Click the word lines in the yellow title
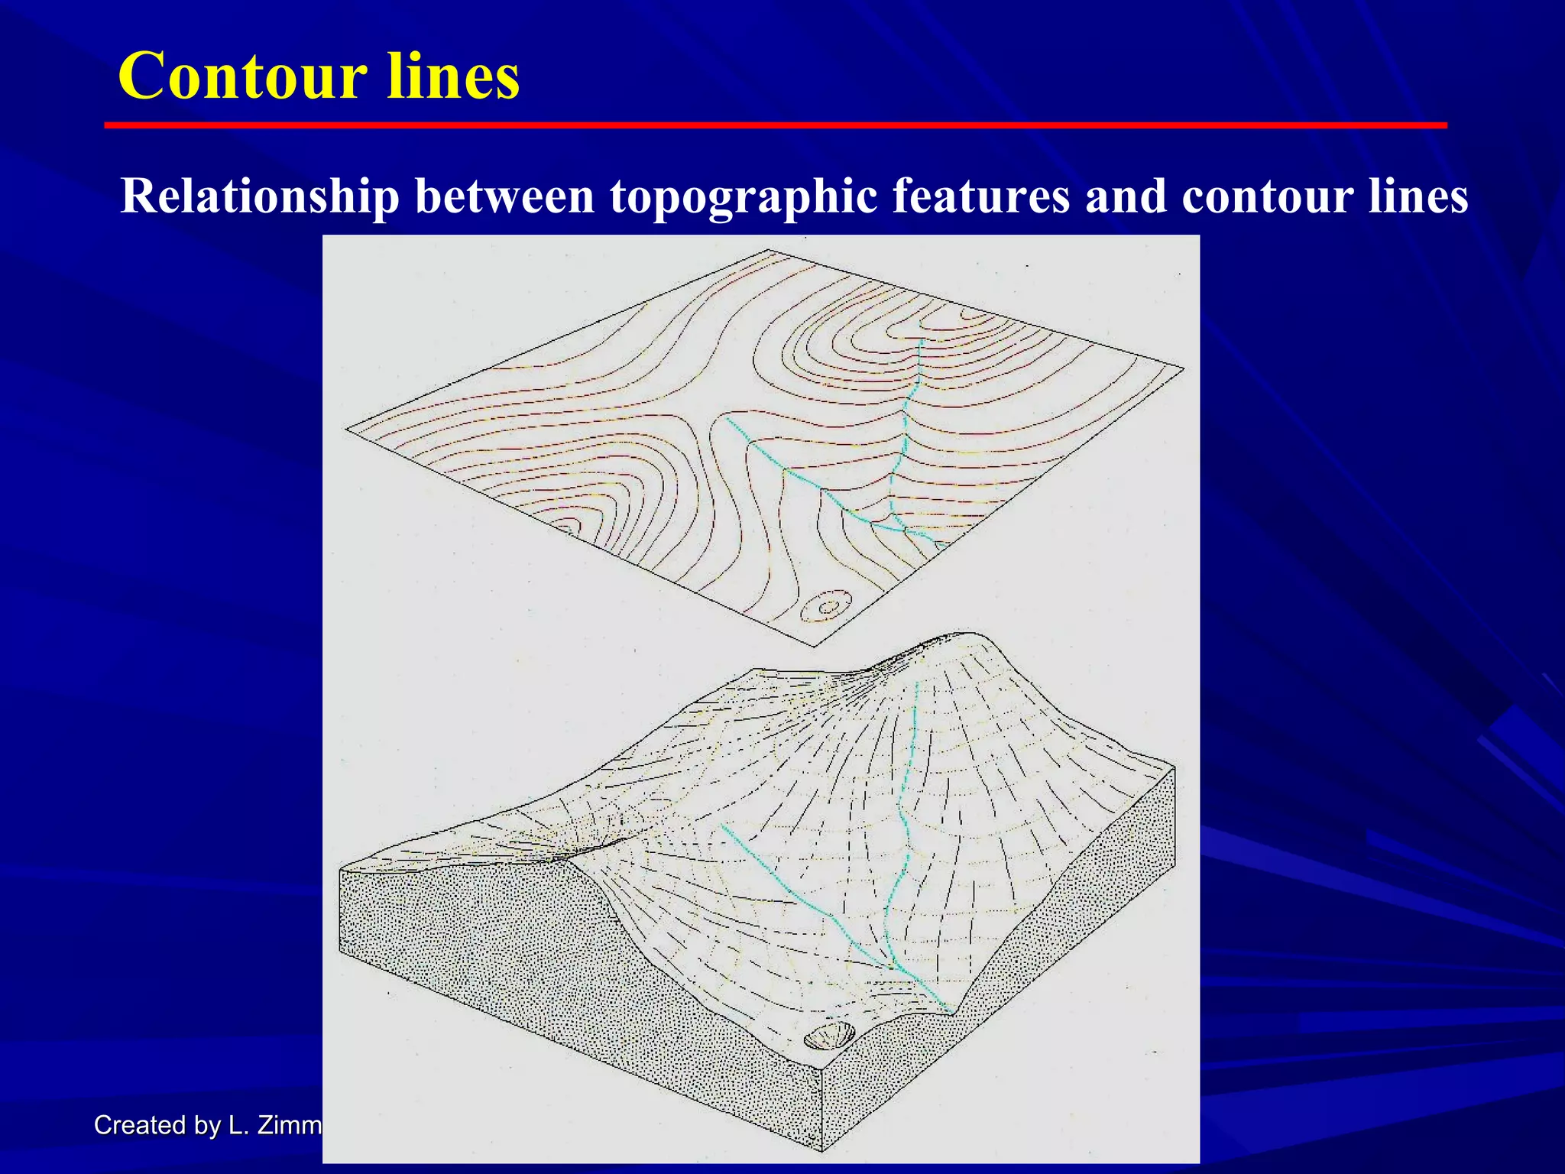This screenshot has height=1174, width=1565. (453, 76)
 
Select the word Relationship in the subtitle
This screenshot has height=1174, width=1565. (260, 196)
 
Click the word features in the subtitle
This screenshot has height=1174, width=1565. (980, 196)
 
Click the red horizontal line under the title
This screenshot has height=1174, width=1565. (775, 125)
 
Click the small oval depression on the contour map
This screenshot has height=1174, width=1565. (827, 608)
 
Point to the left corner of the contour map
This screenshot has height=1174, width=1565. (347, 430)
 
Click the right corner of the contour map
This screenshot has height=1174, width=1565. (1183, 369)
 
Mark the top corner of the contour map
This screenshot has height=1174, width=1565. (768, 250)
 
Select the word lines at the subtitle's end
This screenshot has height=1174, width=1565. (1418, 196)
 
